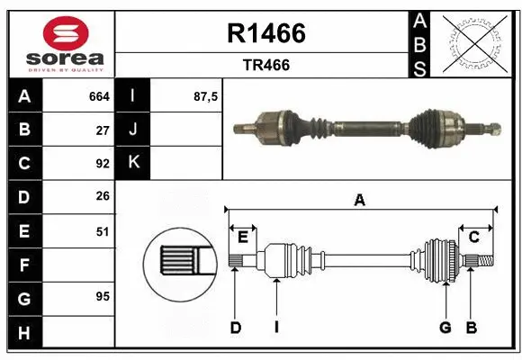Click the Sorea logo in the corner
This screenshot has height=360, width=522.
click(x=61, y=42)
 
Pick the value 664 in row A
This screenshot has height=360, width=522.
click(x=98, y=95)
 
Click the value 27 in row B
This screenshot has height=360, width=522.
click(x=102, y=130)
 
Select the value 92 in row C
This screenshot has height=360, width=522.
click(x=102, y=164)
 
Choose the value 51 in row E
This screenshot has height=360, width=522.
click(x=102, y=231)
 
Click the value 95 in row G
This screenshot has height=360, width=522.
click(x=102, y=295)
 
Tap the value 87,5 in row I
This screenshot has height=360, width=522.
click(x=205, y=95)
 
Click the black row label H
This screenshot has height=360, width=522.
click(x=23, y=332)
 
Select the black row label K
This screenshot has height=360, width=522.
click(x=133, y=163)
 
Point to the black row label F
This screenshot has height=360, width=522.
click(x=23, y=265)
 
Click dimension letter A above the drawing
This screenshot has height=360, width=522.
click(x=359, y=201)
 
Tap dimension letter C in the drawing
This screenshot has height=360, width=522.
click(x=473, y=237)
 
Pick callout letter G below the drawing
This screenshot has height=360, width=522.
click(x=445, y=328)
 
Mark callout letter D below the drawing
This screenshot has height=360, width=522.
click(x=235, y=328)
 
